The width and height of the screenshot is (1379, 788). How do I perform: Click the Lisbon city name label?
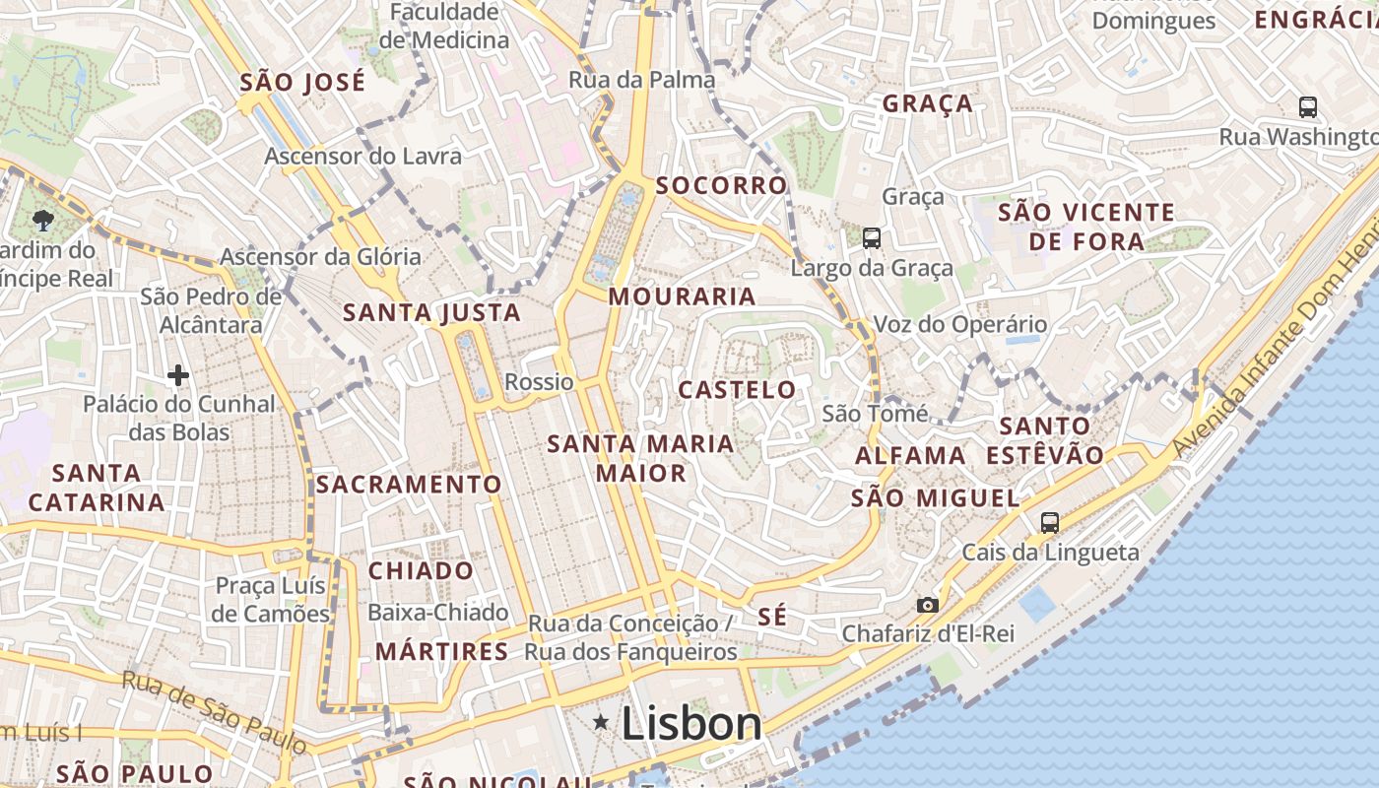click(x=691, y=724)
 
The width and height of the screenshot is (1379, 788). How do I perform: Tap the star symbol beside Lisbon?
click(x=601, y=723)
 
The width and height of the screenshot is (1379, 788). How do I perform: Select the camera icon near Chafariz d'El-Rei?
click(x=927, y=605)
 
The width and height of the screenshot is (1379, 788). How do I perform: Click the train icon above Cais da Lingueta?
click(x=1050, y=522)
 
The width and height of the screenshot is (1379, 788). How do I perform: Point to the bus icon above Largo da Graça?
click(x=872, y=237)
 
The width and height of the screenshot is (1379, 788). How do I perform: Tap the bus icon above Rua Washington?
click(x=1308, y=107)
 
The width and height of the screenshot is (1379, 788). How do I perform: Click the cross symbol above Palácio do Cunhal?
click(x=178, y=375)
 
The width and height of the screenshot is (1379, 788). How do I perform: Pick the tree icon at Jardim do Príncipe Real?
click(x=42, y=220)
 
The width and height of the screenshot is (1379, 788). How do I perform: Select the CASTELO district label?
click(x=737, y=390)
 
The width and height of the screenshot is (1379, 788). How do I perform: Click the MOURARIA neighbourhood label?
click(x=682, y=296)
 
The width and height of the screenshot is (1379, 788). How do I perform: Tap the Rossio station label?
click(x=539, y=381)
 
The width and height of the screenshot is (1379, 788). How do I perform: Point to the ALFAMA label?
click(x=910, y=456)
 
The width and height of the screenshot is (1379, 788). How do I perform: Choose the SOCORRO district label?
click(x=721, y=185)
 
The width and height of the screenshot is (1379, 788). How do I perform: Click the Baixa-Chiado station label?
click(x=437, y=613)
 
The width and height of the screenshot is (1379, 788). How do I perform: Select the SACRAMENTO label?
click(x=409, y=485)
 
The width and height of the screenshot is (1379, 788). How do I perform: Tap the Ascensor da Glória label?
click(x=320, y=257)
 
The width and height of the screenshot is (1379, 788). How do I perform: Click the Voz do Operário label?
click(x=960, y=324)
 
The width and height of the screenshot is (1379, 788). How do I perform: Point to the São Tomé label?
click(x=875, y=414)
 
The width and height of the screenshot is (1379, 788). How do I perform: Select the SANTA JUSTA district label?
click(x=431, y=313)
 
